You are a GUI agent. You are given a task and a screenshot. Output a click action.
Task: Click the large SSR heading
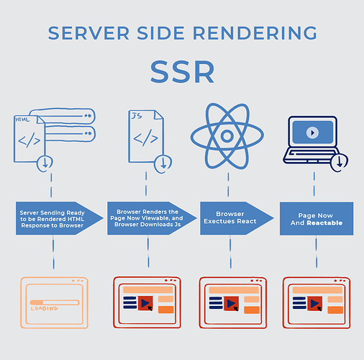coord(181,71)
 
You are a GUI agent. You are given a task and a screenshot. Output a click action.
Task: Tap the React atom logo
coord(226,135)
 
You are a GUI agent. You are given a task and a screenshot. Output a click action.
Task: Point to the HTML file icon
coord(30,140)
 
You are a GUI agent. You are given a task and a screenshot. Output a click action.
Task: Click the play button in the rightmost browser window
coord(315,304)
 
